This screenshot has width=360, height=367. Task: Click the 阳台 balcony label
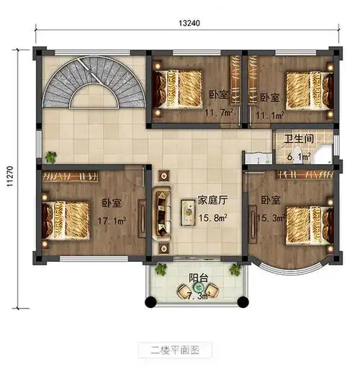point(199,277)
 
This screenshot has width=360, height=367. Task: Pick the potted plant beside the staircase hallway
point(50,156)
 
